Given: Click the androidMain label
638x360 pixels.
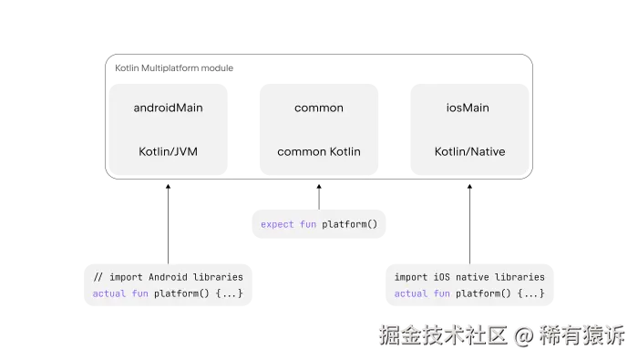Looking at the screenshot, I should pos(168,108).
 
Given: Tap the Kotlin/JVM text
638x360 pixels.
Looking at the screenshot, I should pos(168,151).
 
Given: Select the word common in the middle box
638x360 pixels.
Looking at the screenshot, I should pos(319,108).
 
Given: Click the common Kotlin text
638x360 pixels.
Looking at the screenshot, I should pos(319,151).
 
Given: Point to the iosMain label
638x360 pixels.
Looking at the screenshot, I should pos(468,108).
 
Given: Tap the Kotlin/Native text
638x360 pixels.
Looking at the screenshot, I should pos(469,151).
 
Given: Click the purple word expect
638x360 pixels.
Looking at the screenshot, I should pos(277,224).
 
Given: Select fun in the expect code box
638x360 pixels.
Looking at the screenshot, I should pos(308,224).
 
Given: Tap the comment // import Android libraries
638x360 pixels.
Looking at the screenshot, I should pos(168,276).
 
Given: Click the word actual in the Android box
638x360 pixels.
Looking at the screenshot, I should pos(109,293).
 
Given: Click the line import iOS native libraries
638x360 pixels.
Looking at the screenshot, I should pos(469,276).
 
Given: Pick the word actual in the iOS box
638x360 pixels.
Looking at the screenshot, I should pos(411,293).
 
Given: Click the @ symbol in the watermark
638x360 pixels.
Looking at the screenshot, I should pos(523,335).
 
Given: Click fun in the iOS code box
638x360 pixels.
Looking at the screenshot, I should pos(442,293).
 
